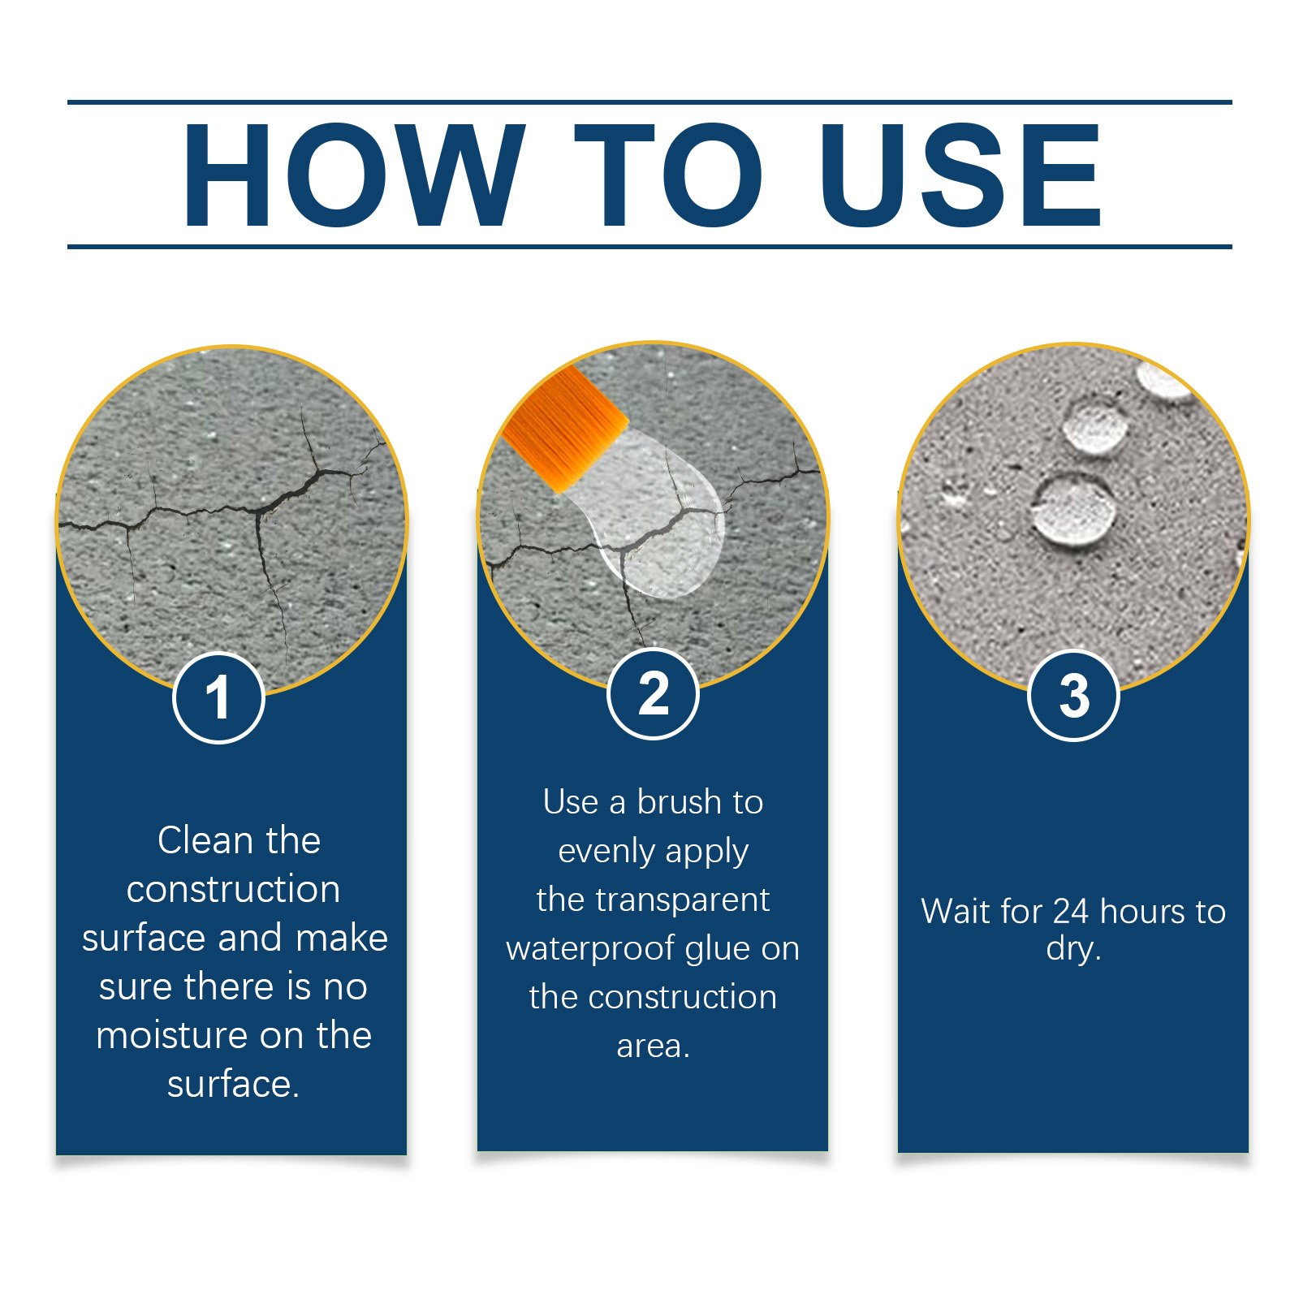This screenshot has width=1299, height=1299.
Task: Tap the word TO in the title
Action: pos(667,175)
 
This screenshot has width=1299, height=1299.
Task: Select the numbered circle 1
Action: pos(218,697)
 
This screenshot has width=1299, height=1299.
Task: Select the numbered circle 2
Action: pos(653,694)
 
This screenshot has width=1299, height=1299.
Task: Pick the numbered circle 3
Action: pos(1073,696)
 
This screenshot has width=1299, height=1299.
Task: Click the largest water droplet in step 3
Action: pos(1073,510)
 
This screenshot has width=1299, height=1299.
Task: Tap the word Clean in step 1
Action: pos(205,840)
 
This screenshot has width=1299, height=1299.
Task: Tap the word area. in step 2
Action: pos(653,1046)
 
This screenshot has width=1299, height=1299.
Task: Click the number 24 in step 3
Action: pos(1072,911)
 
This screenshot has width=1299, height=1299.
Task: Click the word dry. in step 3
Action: pos(1073,947)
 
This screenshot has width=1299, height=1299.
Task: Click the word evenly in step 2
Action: pos(606,851)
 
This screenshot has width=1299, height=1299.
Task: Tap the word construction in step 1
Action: pos(233,889)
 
